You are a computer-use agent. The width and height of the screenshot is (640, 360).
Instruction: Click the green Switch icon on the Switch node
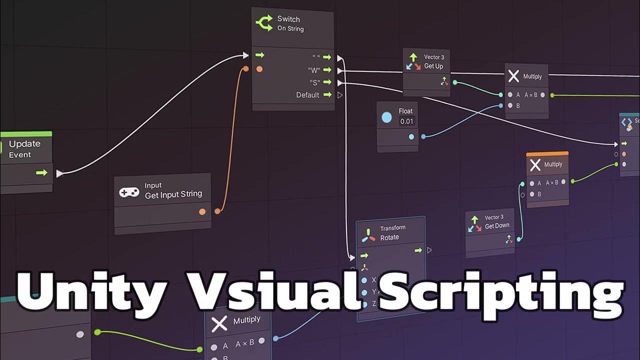[x=264, y=23]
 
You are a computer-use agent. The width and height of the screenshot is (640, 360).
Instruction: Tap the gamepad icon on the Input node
[x=129, y=192]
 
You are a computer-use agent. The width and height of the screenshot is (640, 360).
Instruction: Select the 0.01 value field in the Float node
[x=406, y=121]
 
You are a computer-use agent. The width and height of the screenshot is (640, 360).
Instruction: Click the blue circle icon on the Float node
[x=386, y=117]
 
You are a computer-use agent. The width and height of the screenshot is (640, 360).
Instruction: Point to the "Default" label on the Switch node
[x=307, y=95]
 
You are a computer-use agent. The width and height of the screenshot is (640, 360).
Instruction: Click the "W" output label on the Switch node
[x=313, y=70]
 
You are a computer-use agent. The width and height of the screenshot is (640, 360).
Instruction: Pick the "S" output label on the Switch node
[x=314, y=82]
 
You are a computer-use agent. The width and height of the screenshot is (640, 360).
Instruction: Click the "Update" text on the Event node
[x=24, y=144]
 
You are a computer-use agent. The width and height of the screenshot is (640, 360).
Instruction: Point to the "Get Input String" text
[x=173, y=194]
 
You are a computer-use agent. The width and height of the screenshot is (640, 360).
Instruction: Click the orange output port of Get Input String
[x=202, y=211]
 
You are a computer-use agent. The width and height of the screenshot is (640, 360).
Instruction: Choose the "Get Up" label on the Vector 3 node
[x=433, y=66]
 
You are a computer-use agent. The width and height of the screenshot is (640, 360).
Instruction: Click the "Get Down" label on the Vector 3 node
[x=497, y=226]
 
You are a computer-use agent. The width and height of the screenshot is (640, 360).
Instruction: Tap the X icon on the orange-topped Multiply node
[x=535, y=165]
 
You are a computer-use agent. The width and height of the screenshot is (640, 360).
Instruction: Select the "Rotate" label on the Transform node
[x=389, y=237]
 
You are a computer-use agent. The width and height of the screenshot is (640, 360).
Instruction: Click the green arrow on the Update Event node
[x=41, y=172]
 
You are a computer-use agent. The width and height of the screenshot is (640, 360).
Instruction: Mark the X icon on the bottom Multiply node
[x=219, y=323]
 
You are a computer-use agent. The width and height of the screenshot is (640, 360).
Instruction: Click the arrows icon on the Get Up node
[x=413, y=62]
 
